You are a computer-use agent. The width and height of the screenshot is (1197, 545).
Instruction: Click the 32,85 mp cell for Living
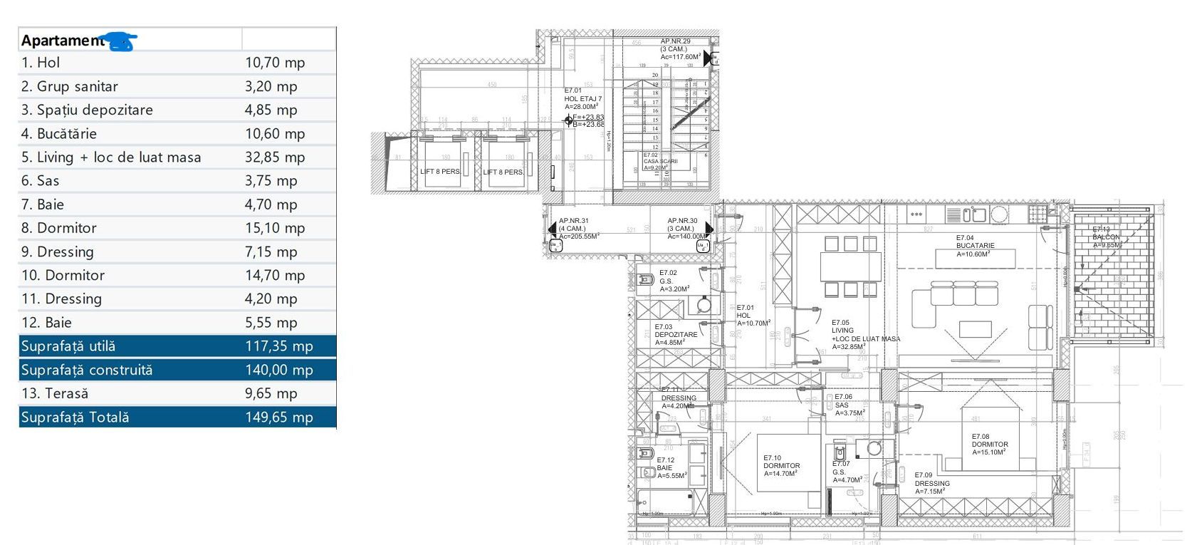(x=275, y=157)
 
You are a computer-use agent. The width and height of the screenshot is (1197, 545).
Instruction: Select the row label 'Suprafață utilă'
(x=68, y=346)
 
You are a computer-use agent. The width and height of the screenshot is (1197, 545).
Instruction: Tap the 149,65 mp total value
(x=279, y=417)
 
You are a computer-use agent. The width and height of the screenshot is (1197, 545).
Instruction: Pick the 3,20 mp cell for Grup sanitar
(x=271, y=86)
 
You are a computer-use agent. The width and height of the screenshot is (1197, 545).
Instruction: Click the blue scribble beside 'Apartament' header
(x=119, y=41)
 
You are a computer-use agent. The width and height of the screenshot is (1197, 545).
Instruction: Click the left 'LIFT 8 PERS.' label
(x=440, y=172)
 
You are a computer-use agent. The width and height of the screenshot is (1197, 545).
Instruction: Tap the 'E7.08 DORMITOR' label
(x=989, y=444)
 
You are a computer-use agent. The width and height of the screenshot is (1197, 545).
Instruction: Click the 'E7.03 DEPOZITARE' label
(x=675, y=334)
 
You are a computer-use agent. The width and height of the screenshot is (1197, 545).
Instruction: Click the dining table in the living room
(x=850, y=267)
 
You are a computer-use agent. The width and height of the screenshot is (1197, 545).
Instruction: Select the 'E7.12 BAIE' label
(x=671, y=468)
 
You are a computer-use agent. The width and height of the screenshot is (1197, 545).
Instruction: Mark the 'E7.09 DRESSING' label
(x=931, y=483)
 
